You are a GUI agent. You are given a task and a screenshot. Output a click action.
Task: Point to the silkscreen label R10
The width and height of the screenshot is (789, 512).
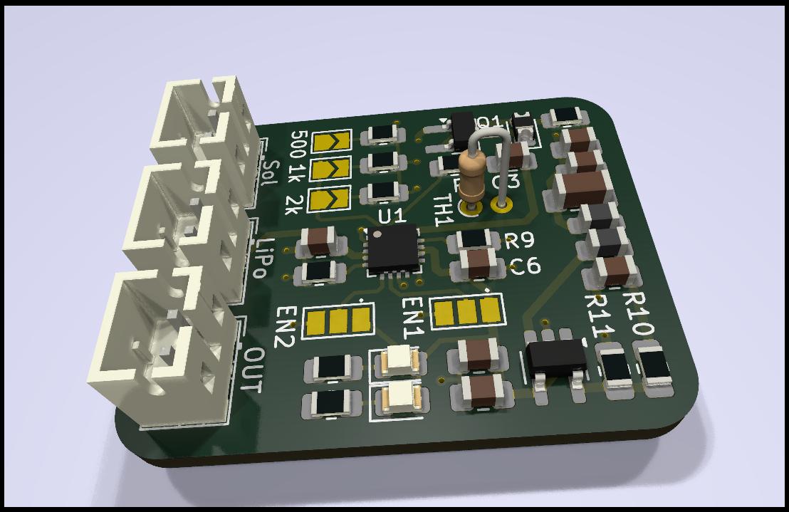[x=638, y=318]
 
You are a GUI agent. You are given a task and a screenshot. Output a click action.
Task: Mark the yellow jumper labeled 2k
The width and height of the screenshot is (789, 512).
[x=330, y=199]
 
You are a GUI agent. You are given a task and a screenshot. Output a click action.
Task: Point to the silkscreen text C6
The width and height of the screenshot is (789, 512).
[x=525, y=266]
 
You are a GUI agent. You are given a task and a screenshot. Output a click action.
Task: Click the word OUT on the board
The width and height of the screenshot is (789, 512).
[x=253, y=370]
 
